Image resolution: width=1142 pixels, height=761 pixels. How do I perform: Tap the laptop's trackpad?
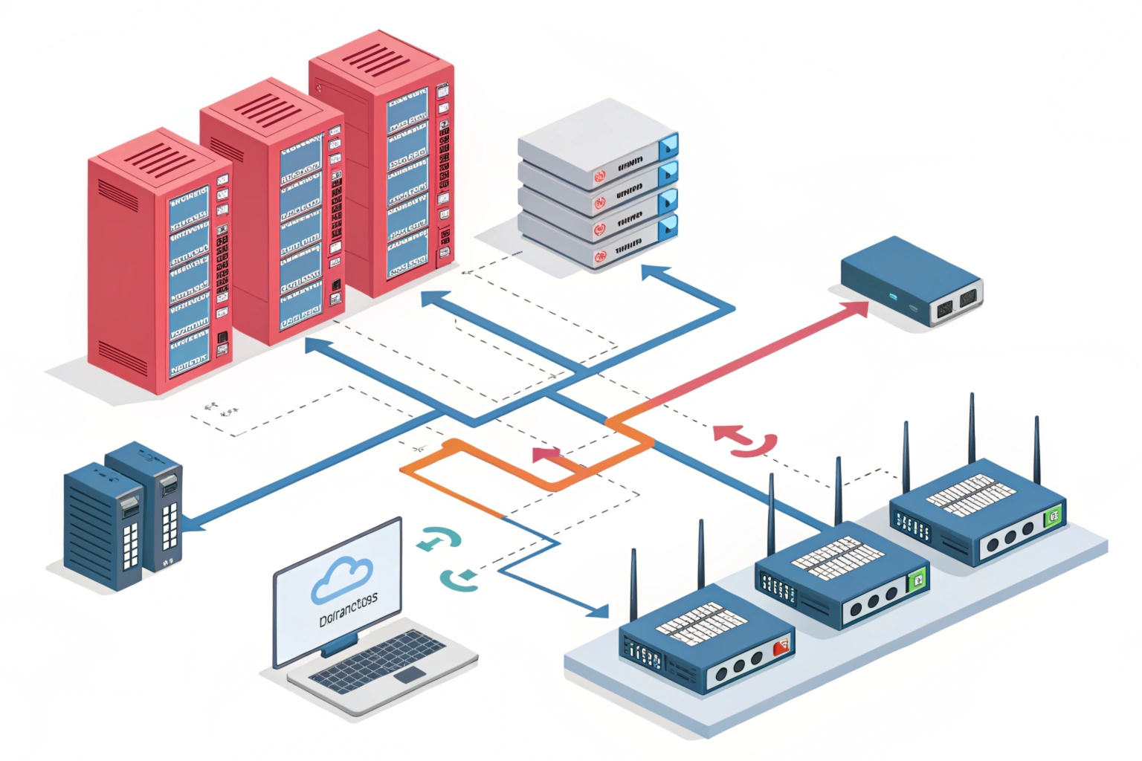click(410, 675)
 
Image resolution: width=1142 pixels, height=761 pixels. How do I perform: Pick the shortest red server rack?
click(159, 260)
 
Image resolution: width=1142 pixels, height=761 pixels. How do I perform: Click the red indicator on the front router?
click(781, 648)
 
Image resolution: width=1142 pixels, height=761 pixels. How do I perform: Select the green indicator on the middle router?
click(918, 579)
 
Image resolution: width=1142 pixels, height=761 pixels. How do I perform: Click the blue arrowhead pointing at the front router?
click(599, 612)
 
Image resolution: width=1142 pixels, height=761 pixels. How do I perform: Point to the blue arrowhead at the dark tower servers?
click(193, 524)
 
